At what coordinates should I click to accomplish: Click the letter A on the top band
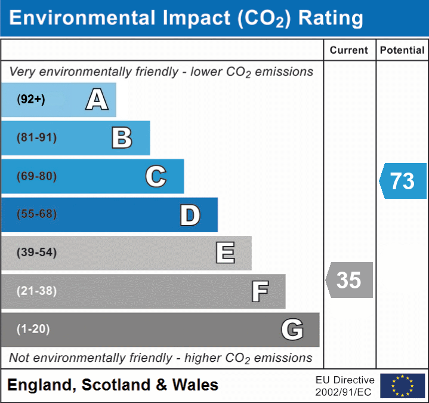click(97, 100)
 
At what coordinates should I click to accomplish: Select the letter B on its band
click(122, 138)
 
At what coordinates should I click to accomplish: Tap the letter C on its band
click(156, 176)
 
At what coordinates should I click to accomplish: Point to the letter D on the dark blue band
click(190, 215)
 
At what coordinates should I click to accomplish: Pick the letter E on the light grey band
click(225, 253)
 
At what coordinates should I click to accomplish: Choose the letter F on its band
click(260, 292)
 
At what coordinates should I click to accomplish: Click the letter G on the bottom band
click(292, 330)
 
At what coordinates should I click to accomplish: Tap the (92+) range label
click(31, 100)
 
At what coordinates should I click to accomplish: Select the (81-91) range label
click(37, 138)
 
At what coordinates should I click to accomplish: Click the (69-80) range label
click(37, 177)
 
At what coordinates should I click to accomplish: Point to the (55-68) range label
click(37, 214)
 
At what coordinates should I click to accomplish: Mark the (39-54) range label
click(37, 253)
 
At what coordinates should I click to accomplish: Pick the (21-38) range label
click(37, 291)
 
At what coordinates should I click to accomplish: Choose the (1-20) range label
click(33, 329)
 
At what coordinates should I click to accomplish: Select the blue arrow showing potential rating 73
click(403, 180)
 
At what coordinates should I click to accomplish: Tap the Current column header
click(349, 51)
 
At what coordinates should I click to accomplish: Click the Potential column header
click(402, 51)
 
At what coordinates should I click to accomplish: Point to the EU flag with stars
click(402, 386)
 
